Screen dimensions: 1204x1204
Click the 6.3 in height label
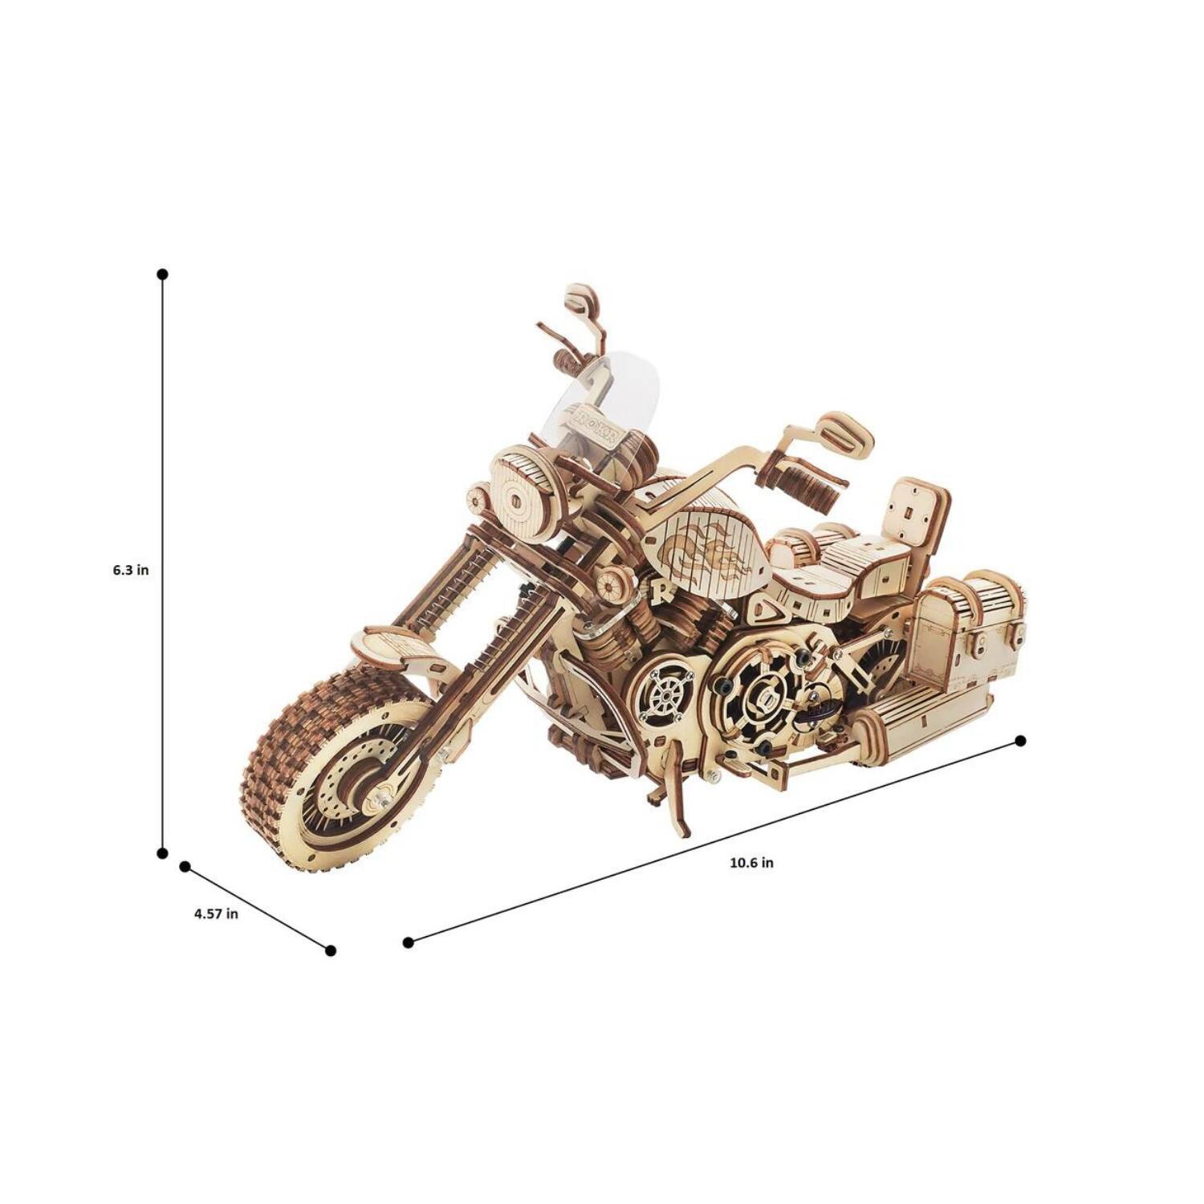pos(131,571)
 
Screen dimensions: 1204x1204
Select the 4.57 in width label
pos(216,913)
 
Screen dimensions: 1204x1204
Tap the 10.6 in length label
pos(751,863)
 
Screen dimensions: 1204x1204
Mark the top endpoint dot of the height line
pos(162,275)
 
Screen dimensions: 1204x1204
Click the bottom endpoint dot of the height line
pos(162,852)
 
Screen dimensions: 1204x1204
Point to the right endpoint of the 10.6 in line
pos(1020,741)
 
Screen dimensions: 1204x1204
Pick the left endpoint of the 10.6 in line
pos(408,942)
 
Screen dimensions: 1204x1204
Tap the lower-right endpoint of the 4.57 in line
pos(330,950)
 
